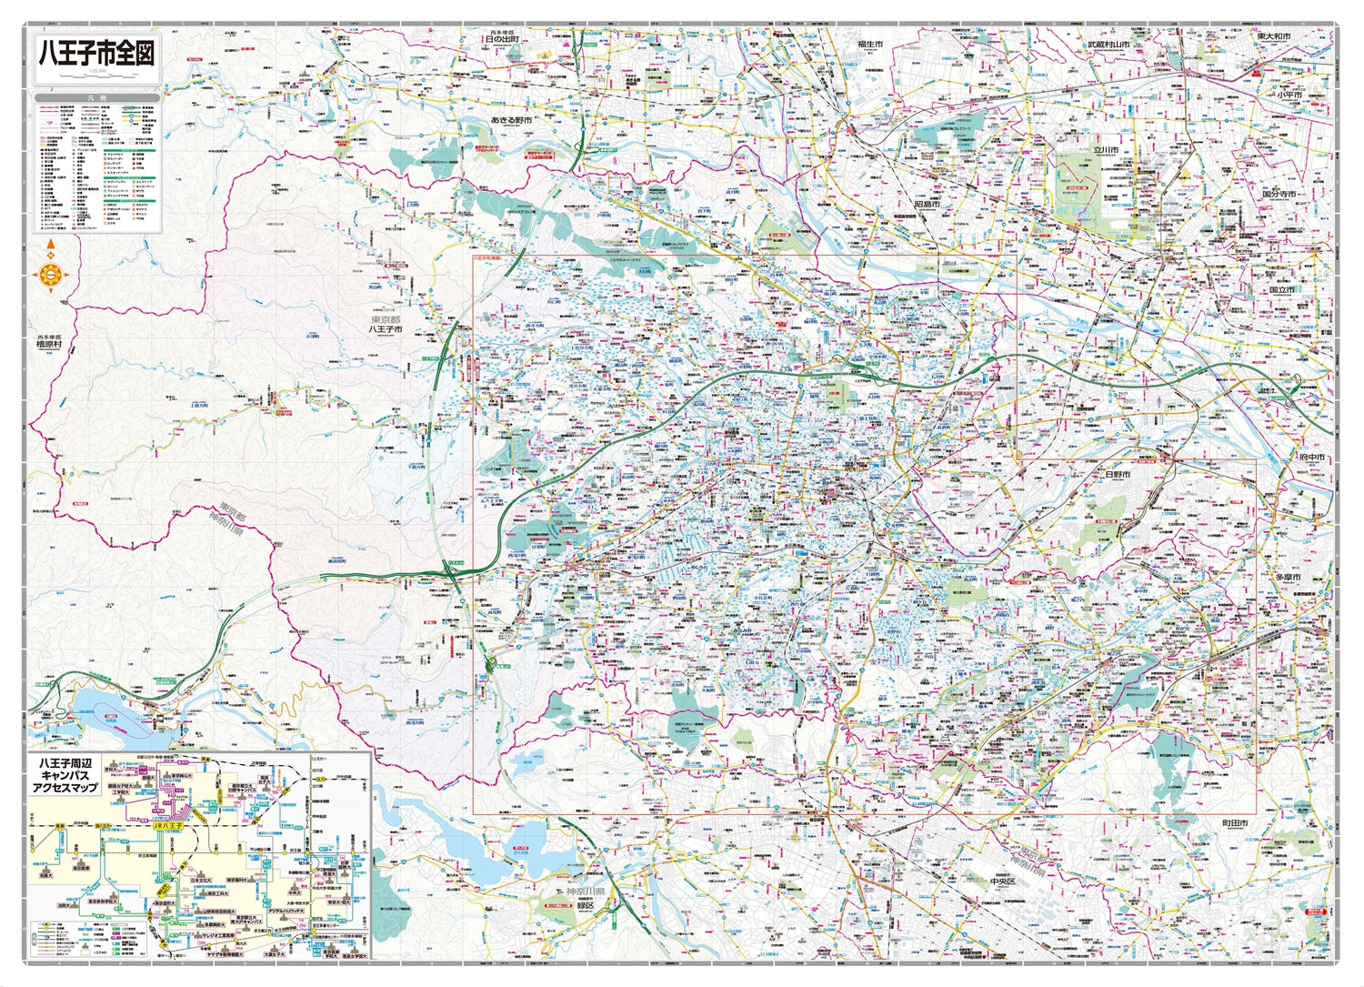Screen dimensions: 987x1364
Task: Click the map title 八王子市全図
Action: [95, 53]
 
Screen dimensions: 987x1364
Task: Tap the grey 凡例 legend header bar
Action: [97, 97]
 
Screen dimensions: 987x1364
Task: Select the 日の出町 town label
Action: [501, 40]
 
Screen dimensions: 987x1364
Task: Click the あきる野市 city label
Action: [510, 120]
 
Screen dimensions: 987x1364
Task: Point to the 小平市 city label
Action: [1288, 95]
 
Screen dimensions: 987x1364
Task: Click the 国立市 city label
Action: [1281, 289]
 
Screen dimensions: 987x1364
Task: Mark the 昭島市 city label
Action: [926, 206]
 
